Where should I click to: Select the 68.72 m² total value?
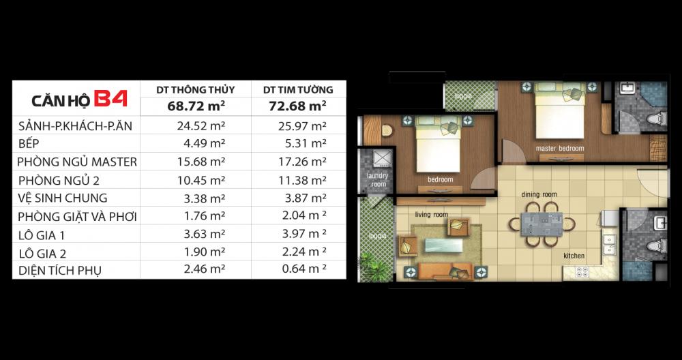tap(196, 106)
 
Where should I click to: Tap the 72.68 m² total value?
tap(298, 106)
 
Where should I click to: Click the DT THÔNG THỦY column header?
tap(196, 90)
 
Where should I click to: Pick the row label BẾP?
tap(29, 143)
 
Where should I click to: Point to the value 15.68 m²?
tap(201, 162)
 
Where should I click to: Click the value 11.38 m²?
tap(302, 180)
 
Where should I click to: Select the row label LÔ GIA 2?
tap(42, 252)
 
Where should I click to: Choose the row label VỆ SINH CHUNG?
tap(63, 198)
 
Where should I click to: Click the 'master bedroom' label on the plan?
tap(560, 148)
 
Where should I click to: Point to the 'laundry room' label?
tap(378, 180)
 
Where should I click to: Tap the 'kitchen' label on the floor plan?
tap(574, 256)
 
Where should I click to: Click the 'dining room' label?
tap(539, 194)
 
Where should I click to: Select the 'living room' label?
tap(432, 214)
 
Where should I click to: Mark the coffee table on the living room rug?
tap(444, 245)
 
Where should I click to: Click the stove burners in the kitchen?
tap(582, 272)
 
